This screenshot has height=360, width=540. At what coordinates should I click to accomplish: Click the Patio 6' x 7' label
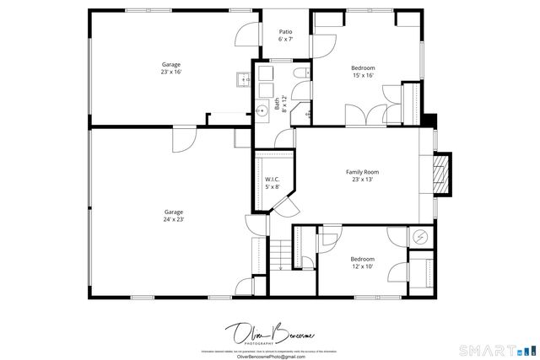[x=285, y=35]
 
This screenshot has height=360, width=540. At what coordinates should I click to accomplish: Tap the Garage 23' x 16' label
[x=171, y=68]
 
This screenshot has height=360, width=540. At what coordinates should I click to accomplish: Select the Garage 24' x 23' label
[x=173, y=215]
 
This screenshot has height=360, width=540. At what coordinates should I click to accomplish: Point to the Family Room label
[x=362, y=175]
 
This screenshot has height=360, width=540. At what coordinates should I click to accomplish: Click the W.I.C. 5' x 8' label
[x=272, y=182]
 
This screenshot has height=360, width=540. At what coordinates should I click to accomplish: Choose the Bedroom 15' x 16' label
[x=363, y=71]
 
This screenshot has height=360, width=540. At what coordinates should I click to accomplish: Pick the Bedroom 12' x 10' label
[x=362, y=262]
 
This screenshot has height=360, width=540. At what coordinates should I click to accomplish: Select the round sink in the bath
[x=262, y=110]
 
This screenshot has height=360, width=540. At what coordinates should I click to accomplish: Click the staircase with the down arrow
[x=279, y=254]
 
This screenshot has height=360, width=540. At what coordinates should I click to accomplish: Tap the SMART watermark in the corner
[x=497, y=349]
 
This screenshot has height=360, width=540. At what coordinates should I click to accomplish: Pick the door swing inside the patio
[x=245, y=35]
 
